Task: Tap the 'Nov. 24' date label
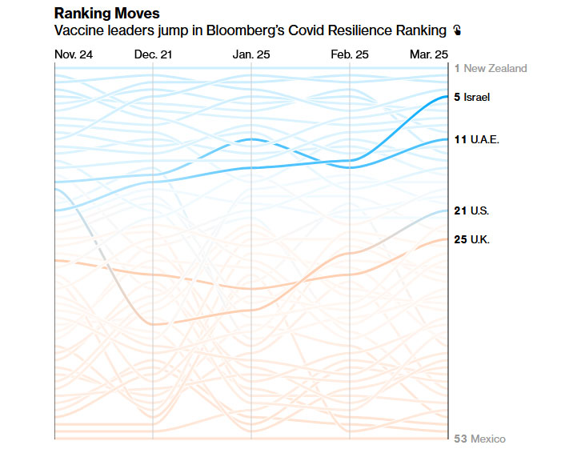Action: tap(74, 54)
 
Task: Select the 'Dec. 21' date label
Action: tap(153, 54)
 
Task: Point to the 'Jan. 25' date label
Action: tap(251, 54)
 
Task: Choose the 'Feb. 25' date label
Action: tap(350, 54)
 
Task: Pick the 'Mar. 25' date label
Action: tap(429, 54)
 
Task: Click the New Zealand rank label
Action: tap(491, 68)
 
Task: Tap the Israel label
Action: tap(476, 97)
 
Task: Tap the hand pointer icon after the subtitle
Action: tap(457, 30)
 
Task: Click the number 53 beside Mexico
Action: tap(460, 439)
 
